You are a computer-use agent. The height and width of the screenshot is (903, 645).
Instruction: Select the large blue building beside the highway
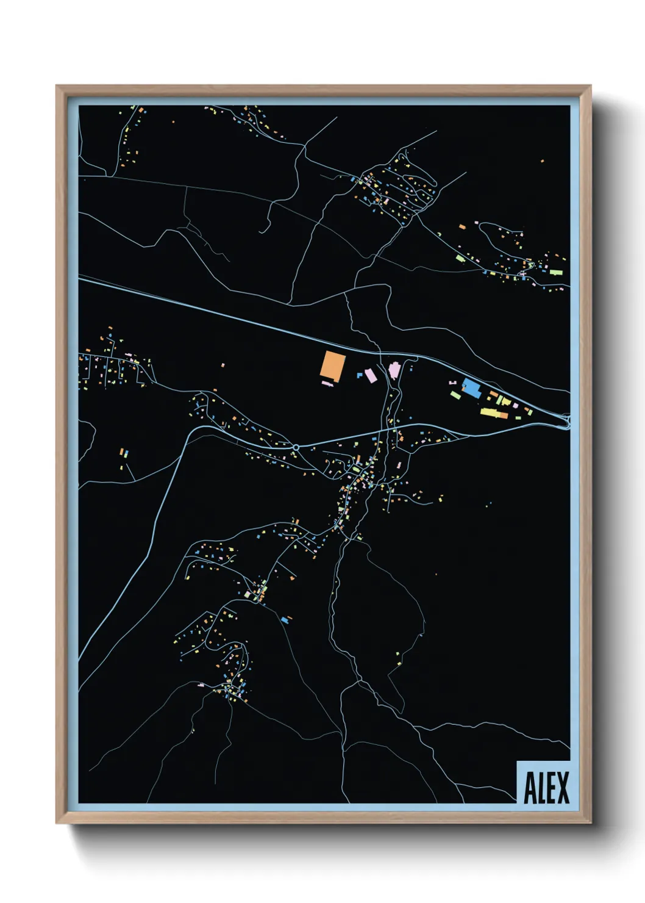(471, 387)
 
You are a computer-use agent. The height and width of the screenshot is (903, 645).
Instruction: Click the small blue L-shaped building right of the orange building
(360, 375)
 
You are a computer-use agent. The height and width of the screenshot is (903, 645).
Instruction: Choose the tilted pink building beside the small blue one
(371, 375)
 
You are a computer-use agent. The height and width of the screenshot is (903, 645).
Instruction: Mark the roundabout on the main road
(296, 447)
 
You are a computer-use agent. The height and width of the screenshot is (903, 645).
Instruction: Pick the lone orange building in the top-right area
(542, 161)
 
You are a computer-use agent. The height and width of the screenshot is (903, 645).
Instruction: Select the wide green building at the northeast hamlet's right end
(555, 272)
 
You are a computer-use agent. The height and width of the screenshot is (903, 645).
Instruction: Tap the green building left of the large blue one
(455, 395)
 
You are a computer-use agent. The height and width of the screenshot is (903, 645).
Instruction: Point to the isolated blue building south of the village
(284, 620)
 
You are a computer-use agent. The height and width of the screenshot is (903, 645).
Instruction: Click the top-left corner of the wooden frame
(57, 86)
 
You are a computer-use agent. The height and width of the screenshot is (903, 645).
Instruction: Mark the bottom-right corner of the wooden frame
(590, 823)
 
